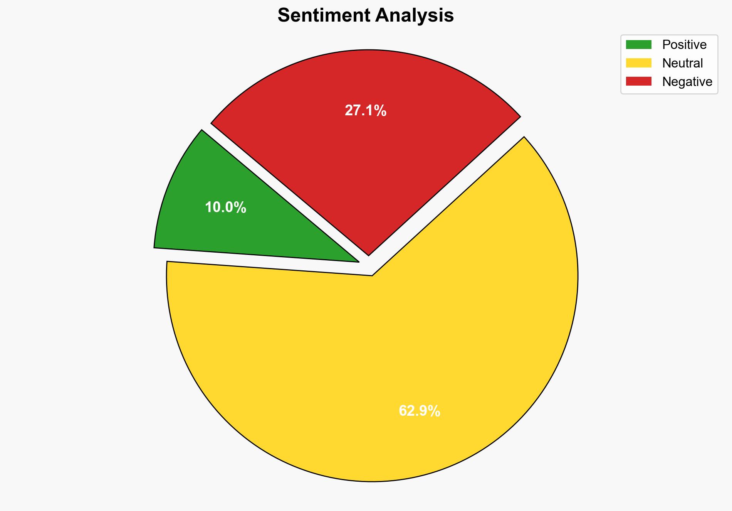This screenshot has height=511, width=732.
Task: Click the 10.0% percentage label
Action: (225, 207)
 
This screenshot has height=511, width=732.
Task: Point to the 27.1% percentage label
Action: (365, 111)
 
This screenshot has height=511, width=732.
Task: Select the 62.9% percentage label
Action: (419, 411)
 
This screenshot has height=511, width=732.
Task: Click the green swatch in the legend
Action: (638, 45)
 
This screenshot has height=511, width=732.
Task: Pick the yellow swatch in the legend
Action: (638, 63)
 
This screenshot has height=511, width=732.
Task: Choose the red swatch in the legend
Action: (638, 81)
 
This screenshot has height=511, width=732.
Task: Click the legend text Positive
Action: (684, 45)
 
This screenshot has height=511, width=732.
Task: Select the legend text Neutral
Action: (682, 63)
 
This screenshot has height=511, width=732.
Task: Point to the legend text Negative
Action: (687, 82)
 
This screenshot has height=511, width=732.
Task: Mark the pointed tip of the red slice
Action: (369, 255)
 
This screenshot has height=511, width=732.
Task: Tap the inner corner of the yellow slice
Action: (372, 275)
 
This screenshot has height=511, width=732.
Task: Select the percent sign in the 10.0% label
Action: (241, 207)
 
